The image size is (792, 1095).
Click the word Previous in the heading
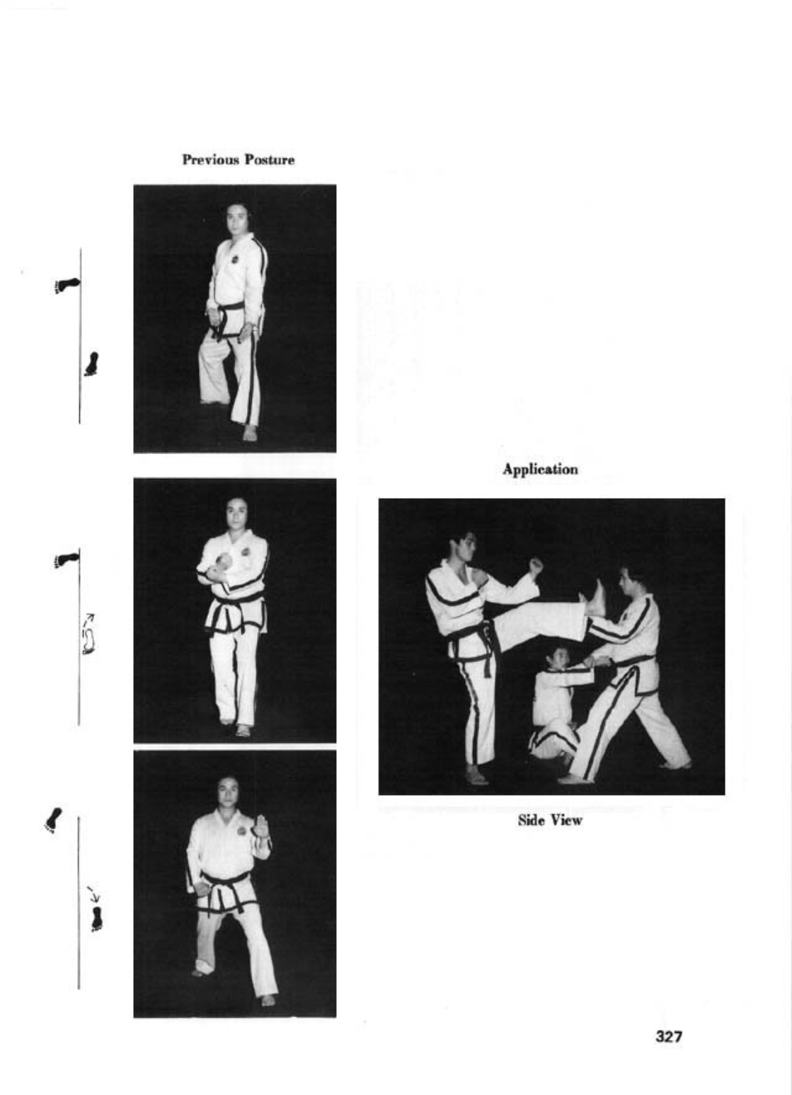[x=210, y=160]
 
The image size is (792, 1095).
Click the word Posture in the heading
[x=270, y=160]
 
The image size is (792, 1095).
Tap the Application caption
[x=540, y=470]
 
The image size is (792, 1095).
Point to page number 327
[x=669, y=1036]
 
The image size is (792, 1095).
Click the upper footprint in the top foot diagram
[x=67, y=284]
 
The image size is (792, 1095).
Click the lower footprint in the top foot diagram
[x=91, y=364]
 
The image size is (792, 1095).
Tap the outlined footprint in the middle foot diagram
[x=88, y=642]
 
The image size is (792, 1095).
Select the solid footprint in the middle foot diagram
[x=67, y=560]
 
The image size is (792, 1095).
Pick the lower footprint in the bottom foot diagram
[x=97, y=920]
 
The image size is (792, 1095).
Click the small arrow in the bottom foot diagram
[x=93, y=893]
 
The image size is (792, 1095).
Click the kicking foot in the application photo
[x=594, y=598]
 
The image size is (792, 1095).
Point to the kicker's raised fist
[x=536, y=567]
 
